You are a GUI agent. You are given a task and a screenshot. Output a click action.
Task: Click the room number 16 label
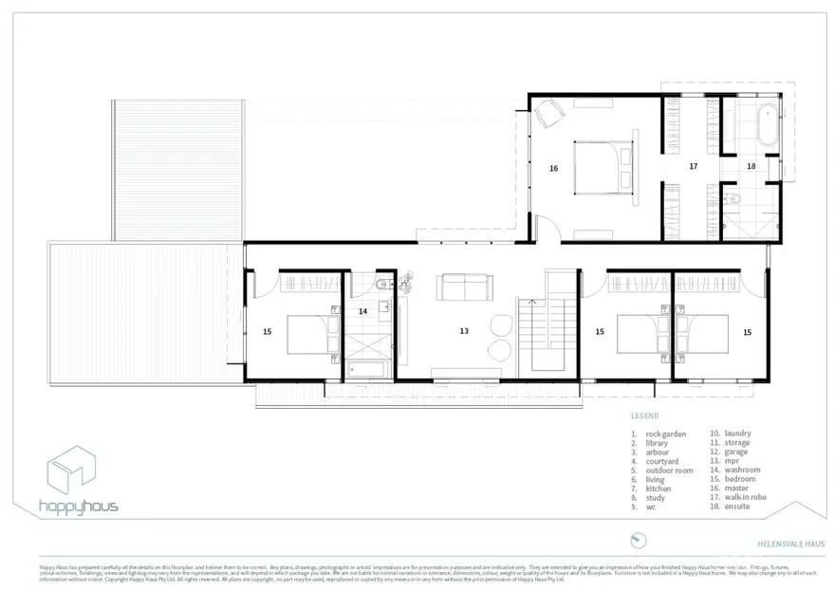(553, 168)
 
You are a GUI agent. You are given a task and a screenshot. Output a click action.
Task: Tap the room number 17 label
(694, 166)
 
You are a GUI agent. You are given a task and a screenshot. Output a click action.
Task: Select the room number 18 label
(751, 167)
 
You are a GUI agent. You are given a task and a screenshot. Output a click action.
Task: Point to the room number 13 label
(464, 331)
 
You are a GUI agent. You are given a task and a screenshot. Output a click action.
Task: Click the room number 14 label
(362, 311)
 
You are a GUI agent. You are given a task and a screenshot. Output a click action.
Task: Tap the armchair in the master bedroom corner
(549, 115)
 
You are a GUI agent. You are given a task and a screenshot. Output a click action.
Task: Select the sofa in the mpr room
(465, 286)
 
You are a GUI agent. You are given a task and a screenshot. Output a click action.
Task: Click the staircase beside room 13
(547, 332)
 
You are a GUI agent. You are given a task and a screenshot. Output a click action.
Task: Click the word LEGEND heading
(644, 416)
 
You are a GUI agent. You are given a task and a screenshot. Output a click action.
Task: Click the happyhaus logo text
(79, 506)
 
